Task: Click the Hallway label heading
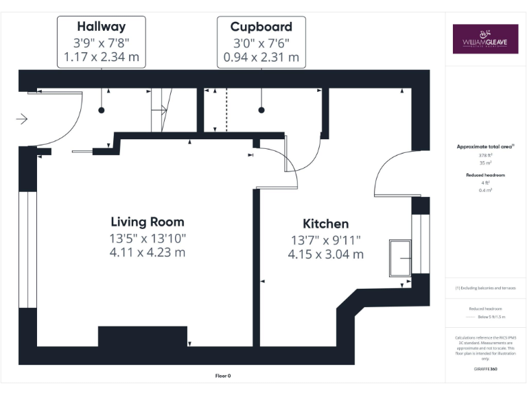pyautogui.click(x=101, y=27)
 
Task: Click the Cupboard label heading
pyautogui.click(x=261, y=27)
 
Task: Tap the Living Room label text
pyautogui.click(x=148, y=222)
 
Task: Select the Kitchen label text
pyautogui.click(x=325, y=224)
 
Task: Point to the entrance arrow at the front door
pyautogui.click(x=21, y=119)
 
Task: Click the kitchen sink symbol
pyautogui.click(x=399, y=258)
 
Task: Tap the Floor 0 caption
pyautogui.click(x=223, y=376)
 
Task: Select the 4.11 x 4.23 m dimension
pyautogui.click(x=148, y=252)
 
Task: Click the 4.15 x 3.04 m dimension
pyautogui.click(x=325, y=254)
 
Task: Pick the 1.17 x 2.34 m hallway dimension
pyautogui.click(x=101, y=57)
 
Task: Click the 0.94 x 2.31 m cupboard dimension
pyautogui.click(x=261, y=57)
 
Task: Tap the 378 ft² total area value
pyautogui.click(x=486, y=156)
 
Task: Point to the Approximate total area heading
pyautogui.click(x=485, y=146)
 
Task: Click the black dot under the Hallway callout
pyautogui.click(x=102, y=110)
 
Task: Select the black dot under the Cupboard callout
pyautogui.click(x=261, y=110)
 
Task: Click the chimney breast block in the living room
pyautogui.click(x=143, y=337)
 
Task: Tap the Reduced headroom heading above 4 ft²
pyautogui.click(x=486, y=175)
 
